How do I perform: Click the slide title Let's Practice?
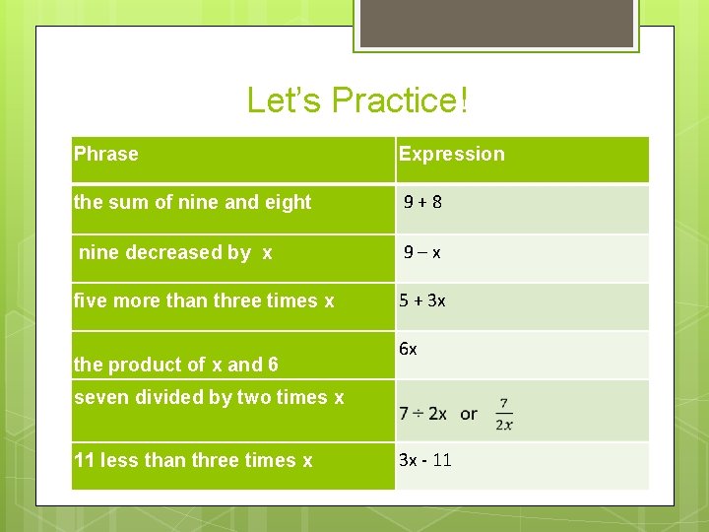pos(356,100)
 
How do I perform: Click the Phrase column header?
pos(106,154)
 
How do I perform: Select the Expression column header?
pos(451,154)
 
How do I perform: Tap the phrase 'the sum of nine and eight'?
pos(192,202)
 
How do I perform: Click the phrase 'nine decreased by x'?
pos(175,252)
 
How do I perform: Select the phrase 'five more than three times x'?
pos(204,300)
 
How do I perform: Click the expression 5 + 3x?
pos(422,300)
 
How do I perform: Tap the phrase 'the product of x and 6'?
pos(175,365)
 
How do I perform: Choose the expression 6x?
pos(408,350)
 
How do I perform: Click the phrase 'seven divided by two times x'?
pos(209,397)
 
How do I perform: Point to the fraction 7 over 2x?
pos(503,414)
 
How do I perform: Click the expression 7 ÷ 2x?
pos(422,414)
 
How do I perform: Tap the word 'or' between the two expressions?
pos(469,414)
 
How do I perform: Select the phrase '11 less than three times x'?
pos(193,460)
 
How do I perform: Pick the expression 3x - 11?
pos(425,460)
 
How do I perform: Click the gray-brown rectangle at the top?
pos(495,22)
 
